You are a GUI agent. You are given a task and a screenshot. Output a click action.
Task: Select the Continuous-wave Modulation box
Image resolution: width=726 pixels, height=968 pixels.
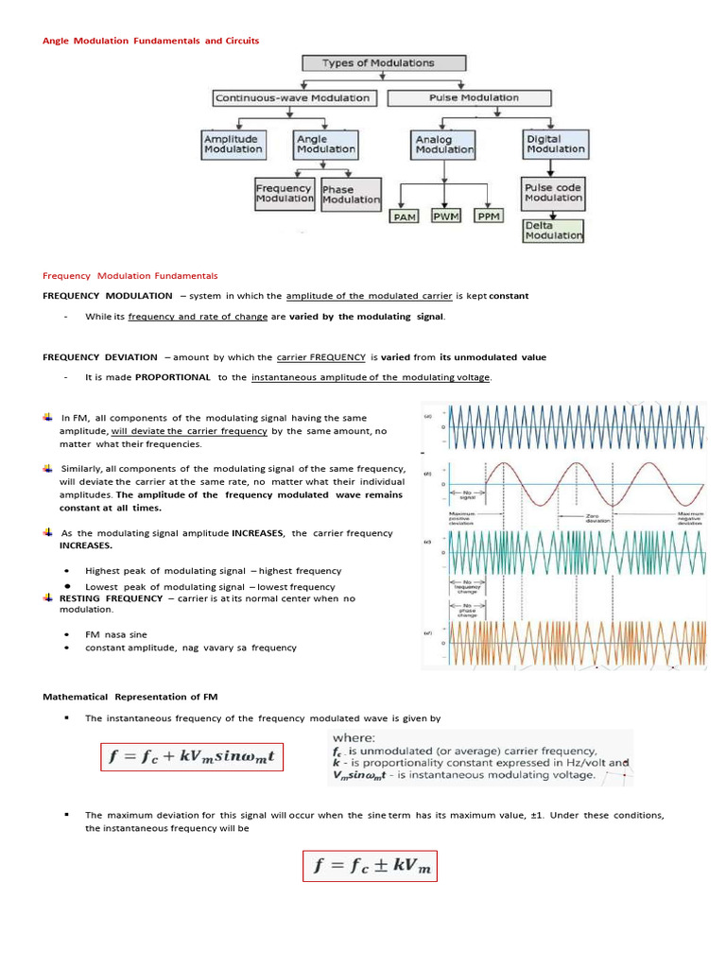pyautogui.click(x=294, y=97)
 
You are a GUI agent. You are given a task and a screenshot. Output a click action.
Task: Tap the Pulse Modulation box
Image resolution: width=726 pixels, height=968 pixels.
pyautogui.click(x=474, y=97)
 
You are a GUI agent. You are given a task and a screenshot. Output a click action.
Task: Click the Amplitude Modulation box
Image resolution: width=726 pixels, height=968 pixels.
pyautogui.click(x=233, y=144)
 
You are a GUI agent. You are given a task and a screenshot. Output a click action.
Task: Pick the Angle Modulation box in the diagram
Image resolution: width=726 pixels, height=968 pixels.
pyautogui.click(x=326, y=144)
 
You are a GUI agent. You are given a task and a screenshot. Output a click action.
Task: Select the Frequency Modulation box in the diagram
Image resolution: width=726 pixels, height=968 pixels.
pyautogui.click(x=285, y=193)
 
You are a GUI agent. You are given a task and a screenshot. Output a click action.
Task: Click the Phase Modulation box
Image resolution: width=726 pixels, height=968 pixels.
pyautogui.click(x=351, y=195)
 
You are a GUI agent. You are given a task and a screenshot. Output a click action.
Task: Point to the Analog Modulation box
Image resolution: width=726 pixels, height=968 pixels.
pyautogui.click(x=444, y=145)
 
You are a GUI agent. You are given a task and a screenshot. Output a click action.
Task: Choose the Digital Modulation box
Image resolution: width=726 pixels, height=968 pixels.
pyautogui.click(x=555, y=144)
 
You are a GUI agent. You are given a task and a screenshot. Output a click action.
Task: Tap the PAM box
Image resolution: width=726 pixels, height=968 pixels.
pyautogui.click(x=406, y=216)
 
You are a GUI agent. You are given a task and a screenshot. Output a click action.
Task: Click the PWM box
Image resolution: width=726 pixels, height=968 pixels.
pyautogui.click(x=446, y=216)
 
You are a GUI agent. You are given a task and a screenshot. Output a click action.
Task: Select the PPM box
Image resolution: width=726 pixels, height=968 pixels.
pyautogui.click(x=488, y=216)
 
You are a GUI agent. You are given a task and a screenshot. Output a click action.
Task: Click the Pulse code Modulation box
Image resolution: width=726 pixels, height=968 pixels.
pyautogui.click(x=553, y=193)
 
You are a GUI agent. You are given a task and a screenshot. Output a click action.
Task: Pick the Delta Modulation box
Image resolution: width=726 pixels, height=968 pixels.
pyautogui.click(x=553, y=231)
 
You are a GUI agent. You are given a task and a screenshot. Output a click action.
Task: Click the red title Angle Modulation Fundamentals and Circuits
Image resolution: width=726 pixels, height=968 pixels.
pyautogui.click(x=150, y=41)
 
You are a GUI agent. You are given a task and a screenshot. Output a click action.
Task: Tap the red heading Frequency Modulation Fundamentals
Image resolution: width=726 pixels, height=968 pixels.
pyautogui.click(x=130, y=276)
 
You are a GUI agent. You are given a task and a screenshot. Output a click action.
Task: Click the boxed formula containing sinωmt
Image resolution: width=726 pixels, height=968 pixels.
pyautogui.click(x=192, y=758)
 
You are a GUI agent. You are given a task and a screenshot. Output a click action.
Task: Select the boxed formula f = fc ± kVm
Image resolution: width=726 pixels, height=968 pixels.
pyautogui.click(x=370, y=866)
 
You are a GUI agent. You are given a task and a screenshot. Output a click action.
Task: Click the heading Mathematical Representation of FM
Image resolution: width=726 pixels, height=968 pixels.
pyautogui.click(x=130, y=697)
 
